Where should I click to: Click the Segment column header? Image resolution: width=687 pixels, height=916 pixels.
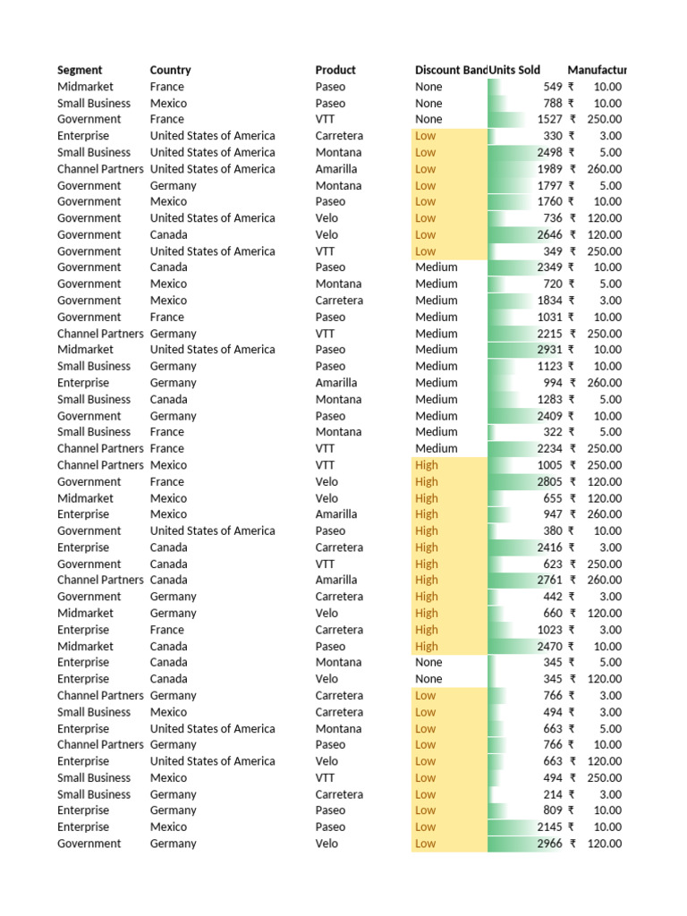pos(80,70)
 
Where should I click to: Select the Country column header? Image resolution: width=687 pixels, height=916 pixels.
pos(170,70)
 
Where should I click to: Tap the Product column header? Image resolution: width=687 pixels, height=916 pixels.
pos(335,70)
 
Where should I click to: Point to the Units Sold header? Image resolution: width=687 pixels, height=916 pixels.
pos(514,70)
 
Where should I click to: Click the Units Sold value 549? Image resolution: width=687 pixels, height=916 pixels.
pos(552,87)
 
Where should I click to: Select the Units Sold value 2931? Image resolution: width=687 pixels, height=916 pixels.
pos(549,350)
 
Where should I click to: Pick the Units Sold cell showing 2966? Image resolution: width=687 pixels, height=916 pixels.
pos(549,844)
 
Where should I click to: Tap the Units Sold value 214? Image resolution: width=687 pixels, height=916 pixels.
pos(552,794)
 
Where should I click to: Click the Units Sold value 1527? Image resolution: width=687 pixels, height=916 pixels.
pos(549,119)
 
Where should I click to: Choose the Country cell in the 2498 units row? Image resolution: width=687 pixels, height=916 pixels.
pos(212,152)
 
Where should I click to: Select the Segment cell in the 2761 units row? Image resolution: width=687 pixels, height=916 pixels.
pos(100,580)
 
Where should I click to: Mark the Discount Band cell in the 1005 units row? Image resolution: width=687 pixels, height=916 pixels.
pos(427,465)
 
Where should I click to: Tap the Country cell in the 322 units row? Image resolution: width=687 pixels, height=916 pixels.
pos(166,432)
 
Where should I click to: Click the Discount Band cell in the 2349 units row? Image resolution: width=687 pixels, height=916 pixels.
pos(436,267)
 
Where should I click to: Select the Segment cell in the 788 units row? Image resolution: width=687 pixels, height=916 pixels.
pos(94,103)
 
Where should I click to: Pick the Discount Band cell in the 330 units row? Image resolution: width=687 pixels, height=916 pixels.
pos(425,136)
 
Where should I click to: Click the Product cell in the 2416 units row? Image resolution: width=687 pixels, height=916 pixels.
pos(339,547)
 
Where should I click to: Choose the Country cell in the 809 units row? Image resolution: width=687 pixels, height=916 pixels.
pos(173,810)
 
